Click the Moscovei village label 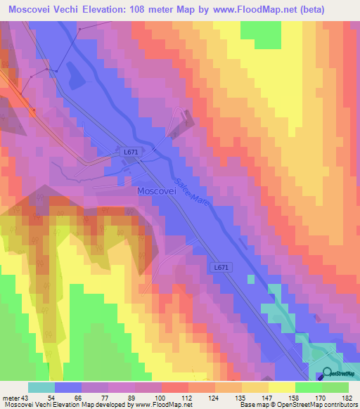pos(157,190)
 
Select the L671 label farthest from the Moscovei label pos(221,267)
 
